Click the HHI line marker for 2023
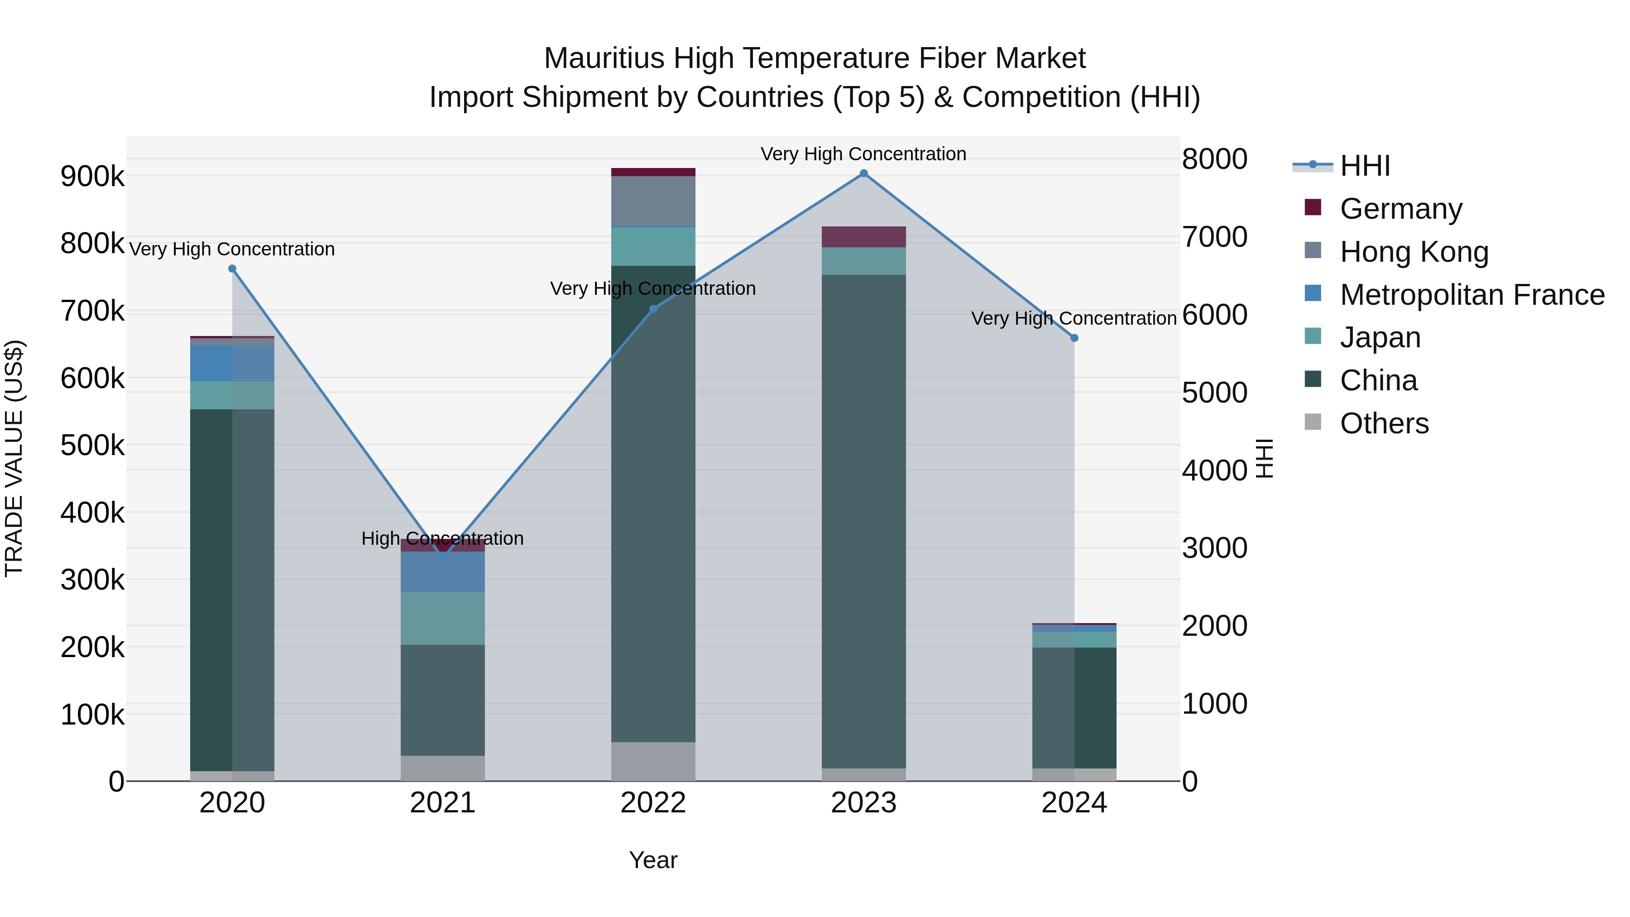pos(864,173)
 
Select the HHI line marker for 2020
pos(232,269)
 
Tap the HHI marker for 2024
pos(1074,338)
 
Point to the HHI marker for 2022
pos(653,309)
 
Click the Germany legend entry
pos(1400,209)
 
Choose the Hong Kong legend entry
pos(1414,252)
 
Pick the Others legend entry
pos(1384,423)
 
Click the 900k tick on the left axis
pos(92,177)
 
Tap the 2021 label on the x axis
pos(442,803)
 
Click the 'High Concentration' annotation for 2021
pos(442,538)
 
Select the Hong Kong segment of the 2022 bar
pos(653,201)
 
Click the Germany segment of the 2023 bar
pos(864,237)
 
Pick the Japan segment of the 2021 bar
pos(442,618)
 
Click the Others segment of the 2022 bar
pos(653,761)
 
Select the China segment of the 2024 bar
pos(1074,707)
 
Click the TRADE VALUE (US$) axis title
pos(14,458)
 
